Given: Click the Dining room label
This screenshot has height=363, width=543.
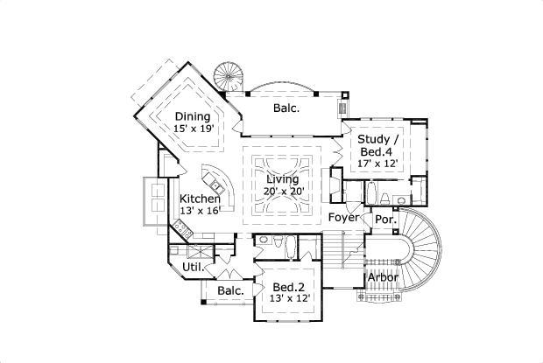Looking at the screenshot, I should coord(192,116).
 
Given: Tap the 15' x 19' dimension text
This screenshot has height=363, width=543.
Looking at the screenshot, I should coord(194,129).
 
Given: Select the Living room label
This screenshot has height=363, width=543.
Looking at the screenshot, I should coord(283,179).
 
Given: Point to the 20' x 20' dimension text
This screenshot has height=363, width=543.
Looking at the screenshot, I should coord(284,192).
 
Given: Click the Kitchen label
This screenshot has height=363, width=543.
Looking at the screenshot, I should coord(201,199).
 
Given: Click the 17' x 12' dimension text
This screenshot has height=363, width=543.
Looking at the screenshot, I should coord(378,162).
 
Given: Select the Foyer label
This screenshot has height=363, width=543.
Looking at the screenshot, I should coord(344,217).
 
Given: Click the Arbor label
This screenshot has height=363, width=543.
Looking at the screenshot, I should coord(382,277).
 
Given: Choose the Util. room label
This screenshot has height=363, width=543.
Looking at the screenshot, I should coord(193,266).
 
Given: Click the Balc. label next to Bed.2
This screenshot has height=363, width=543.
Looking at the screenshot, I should coord(229,290).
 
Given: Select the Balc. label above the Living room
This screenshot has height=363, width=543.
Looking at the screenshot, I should coord(286,108).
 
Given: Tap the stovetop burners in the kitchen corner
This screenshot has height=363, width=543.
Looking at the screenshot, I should coord(183,229).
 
